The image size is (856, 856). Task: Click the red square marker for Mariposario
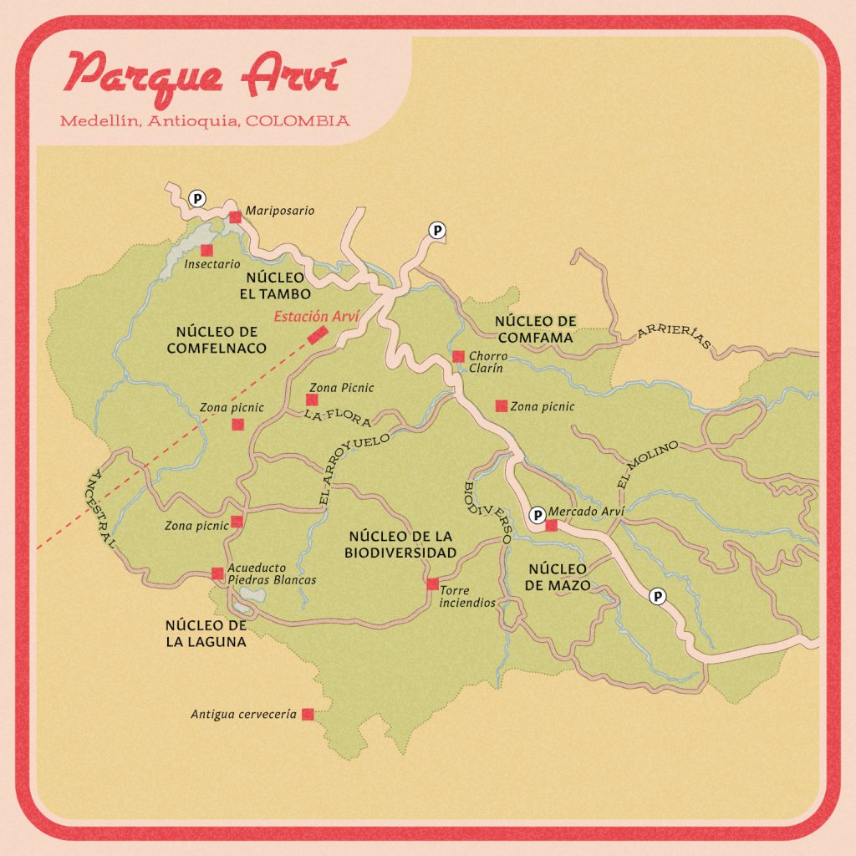pyautogui.click(x=236, y=217)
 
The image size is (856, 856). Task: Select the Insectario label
pyautogui.click(x=211, y=264)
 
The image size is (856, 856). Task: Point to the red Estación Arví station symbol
pyautogui.click(x=317, y=335)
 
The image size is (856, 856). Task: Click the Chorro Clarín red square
pyautogui.click(x=458, y=356)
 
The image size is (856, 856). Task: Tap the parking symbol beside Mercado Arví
pyautogui.click(x=535, y=513)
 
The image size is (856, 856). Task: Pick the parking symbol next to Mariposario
pyautogui.click(x=197, y=198)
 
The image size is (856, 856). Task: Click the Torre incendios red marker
pyautogui.click(x=432, y=583)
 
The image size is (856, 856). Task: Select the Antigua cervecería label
pyautogui.click(x=243, y=715)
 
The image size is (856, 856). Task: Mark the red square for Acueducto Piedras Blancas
pyautogui.click(x=217, y=573)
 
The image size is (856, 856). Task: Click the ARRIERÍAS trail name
pyautogui.click(x=674, y=336)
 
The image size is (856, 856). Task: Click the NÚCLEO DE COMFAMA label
pyautogui.click(x=535, y=329)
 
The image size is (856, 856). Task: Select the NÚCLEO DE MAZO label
pyautogui.click(x=558, y=577)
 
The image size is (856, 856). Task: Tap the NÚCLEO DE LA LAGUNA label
pyautogui.click(x=206, y=634)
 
